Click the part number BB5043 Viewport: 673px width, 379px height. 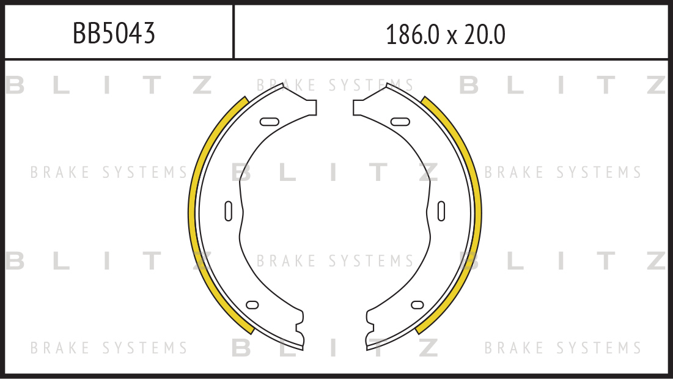pyautogui.click(x=114, y=33)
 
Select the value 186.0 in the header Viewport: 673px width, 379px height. pyautogui.click(x=413, y=34)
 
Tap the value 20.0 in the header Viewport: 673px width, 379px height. pyautogui.click(x=485, y=34)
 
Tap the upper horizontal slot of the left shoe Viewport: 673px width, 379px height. pyautogui.click(x=270, y=122)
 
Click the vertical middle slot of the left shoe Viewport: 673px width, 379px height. pyautogui.click(x=229, y=211)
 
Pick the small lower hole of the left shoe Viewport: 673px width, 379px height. pyautogui.click(x=252, y=305)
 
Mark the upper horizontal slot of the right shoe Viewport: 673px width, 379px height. pyautogui.click(x=400, y=122)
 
